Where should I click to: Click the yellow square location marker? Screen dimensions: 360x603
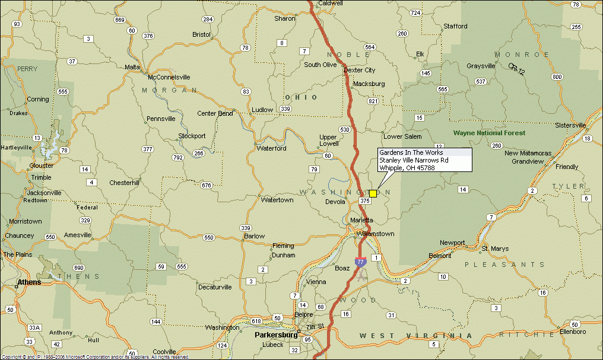(x=373, y=193)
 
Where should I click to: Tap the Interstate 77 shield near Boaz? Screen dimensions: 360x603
(x=360, y=262)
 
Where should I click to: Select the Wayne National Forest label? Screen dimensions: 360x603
(x=489, y=133)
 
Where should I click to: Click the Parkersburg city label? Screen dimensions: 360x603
(x=276, y=334)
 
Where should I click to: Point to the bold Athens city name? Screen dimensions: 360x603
(x=29, y=282)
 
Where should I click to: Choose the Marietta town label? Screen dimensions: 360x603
(x=361, y=220)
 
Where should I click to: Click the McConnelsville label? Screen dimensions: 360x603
(x=169, y=77)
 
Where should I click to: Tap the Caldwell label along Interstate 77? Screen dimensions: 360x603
(x=331, y=3)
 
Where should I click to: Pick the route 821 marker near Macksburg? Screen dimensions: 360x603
(x=373, y=101)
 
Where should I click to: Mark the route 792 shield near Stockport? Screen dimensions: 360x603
(x=177, y=158)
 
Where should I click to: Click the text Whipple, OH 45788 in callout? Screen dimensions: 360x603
(x=407, y=168)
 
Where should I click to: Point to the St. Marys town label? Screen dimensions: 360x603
(x=494, y=249)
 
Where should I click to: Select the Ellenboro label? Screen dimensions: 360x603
(x=570, y=332)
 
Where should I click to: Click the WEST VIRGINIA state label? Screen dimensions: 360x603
(x=415, y=336)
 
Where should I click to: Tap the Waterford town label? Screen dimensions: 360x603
(x=271, y=148)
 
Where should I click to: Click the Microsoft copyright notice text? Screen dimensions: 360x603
(x=95, y=357)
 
